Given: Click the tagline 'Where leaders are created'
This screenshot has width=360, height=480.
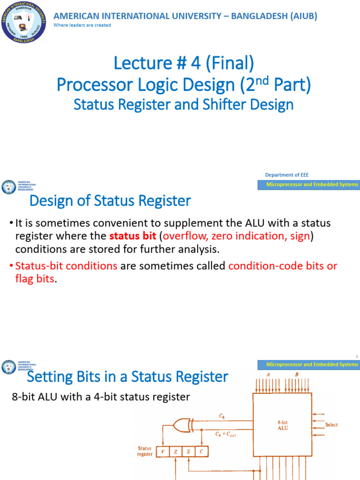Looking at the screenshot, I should [82, 25].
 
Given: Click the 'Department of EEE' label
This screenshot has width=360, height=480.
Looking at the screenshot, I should [287, 175].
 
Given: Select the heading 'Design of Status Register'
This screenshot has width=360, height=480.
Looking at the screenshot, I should [110, 201].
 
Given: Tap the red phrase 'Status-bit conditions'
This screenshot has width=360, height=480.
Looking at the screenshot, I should [66, 266].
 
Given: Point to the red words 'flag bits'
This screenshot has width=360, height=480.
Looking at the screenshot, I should [35, 279].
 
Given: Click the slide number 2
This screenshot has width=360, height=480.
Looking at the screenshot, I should [356, 357].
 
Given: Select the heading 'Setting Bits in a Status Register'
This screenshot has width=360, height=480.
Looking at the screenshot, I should [127, 376].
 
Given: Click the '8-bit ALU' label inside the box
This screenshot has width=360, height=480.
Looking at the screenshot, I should [283, 425].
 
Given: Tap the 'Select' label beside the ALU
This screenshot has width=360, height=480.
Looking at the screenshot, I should [331, 425].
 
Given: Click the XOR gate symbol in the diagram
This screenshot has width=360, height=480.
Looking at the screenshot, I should [181, 425].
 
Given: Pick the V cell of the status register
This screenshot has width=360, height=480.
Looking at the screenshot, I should [162, 452].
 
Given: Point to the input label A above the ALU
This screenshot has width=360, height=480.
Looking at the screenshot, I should [269, 375].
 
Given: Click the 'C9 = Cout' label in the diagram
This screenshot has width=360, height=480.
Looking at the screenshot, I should [226, 435].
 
